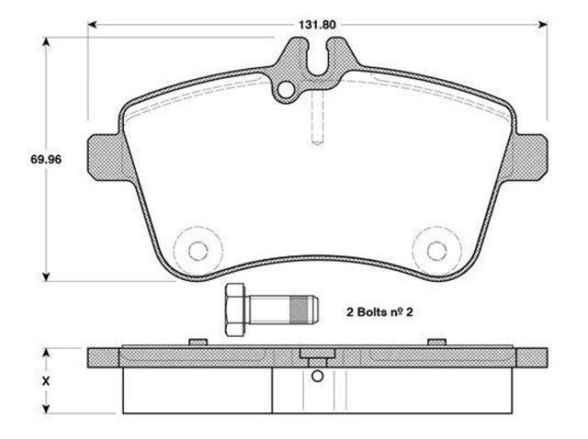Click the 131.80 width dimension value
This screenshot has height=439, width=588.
(x=317, y=25)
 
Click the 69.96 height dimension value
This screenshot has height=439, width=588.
(x=46, y=159)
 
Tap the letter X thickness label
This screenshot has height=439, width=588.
(x=46, y=381)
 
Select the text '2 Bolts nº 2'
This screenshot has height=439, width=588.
(x=379, y=312)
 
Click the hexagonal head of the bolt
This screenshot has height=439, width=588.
(x=235, y=310)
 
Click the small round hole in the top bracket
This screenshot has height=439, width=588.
(x=286, y=90)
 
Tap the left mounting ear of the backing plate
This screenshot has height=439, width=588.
(x=104, y=157)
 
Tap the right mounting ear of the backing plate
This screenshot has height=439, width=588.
(x=530, y=157)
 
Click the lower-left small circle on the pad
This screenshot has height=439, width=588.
(x=198, y=251)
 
